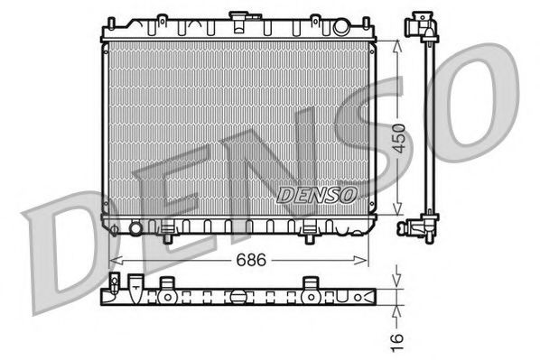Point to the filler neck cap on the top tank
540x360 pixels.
[239, 17]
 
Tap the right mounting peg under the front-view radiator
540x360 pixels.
[311, 237]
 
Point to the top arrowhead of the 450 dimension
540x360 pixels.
[397, 44]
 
